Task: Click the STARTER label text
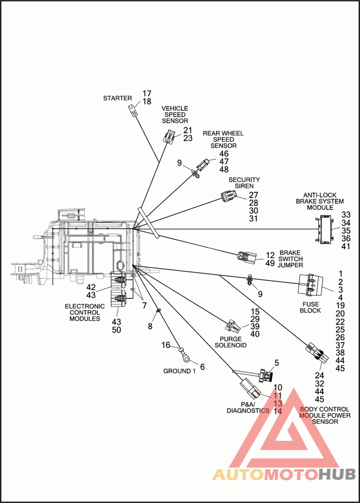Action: [117, 98]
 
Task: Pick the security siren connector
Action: [228, 196]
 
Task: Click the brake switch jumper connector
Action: [247, 257]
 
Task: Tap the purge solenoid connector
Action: [233, 327]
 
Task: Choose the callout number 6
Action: [202, 367]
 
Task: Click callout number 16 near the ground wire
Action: [166, 345]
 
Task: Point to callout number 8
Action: [150, 326]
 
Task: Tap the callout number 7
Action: [144, 305]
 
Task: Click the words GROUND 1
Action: [179, 371]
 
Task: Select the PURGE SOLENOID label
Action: [230, 342]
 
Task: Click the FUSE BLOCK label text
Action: [310, 307]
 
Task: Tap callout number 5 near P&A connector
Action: [277, 363]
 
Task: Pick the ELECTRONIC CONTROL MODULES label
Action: [85, 313]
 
